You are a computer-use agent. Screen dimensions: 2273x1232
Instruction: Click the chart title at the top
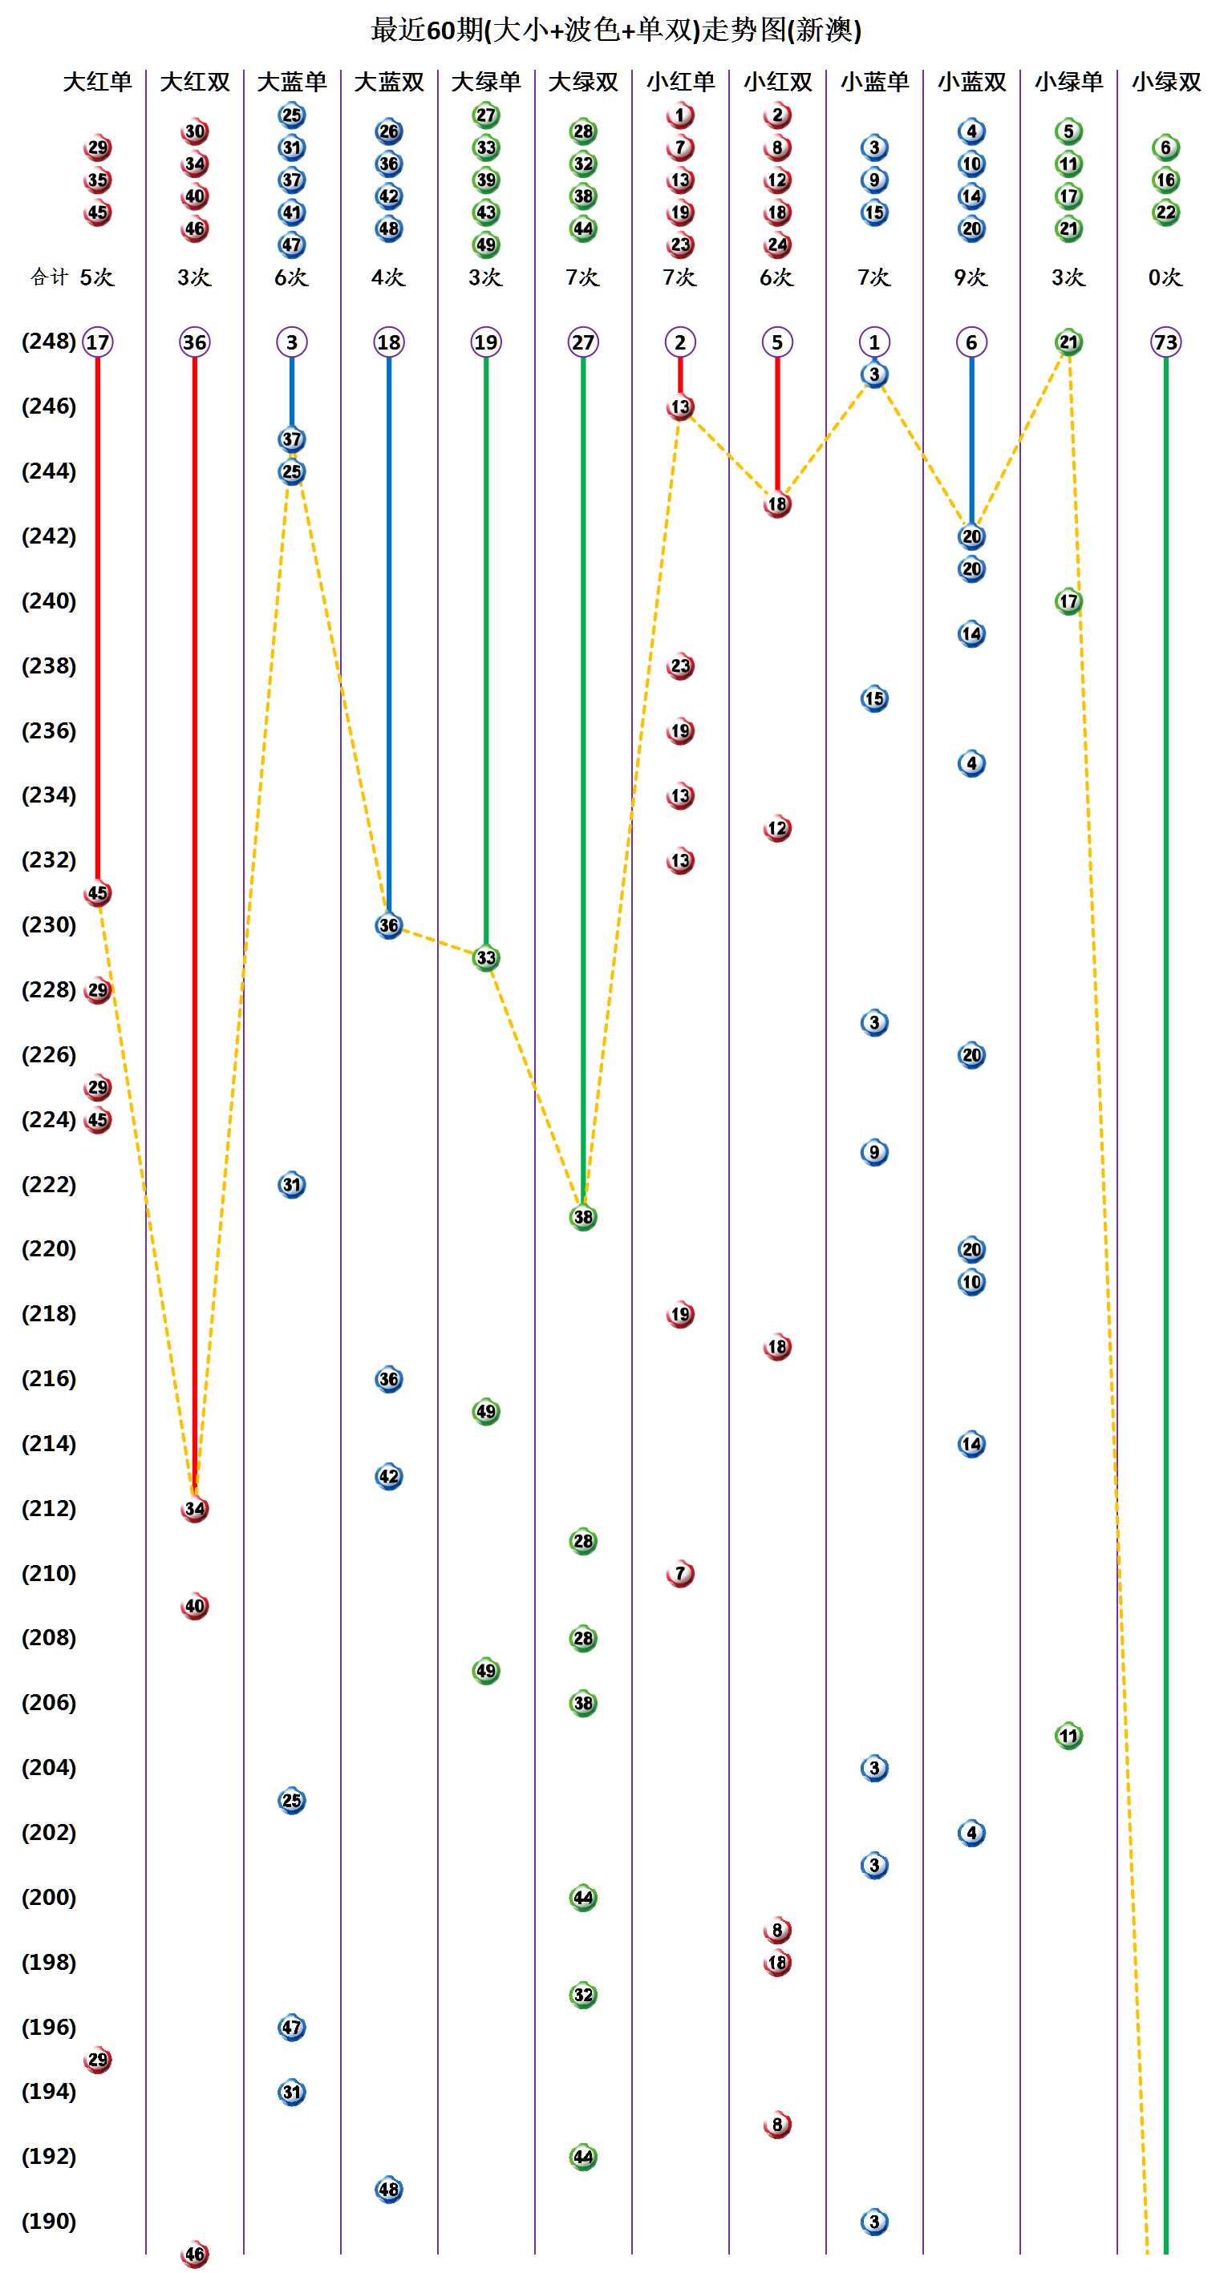tap(615, 30)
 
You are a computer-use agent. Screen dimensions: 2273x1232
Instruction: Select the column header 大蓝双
tap(388, 82)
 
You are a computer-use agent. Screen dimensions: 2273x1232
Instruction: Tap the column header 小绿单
tap(1068, 82)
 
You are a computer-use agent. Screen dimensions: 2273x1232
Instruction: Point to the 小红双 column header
tap(776, 82)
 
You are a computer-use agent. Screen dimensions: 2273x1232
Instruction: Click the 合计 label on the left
tap(49, 277)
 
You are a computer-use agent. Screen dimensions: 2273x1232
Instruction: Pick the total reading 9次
tap(971, 277)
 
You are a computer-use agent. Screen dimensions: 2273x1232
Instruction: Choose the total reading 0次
tap(1165, 277)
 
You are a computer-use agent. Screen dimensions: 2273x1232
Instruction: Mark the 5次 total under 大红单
tap(97, 277)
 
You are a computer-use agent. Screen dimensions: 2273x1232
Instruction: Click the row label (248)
tap(49, 342)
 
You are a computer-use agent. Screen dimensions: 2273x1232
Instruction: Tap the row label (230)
tap(49, 924)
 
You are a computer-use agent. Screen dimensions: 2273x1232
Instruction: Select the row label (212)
tap(49, 1508)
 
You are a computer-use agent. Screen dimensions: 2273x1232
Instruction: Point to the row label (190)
tap(49, 2221)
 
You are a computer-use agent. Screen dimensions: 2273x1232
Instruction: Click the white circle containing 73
tap(1165, 342)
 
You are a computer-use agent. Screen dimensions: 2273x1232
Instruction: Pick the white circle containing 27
tap(582, 342)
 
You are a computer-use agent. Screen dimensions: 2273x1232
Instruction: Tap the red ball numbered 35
tap(97, 180)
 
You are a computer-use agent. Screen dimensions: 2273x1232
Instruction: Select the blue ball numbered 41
tap(291, 212)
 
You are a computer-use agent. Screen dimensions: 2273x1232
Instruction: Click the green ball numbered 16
tap(1165, 180)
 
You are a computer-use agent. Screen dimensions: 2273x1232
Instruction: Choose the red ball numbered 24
tap(776, 245)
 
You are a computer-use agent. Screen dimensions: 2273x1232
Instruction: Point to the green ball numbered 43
tap(485, 212)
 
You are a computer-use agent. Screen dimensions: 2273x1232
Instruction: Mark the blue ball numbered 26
tap(388, 131)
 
